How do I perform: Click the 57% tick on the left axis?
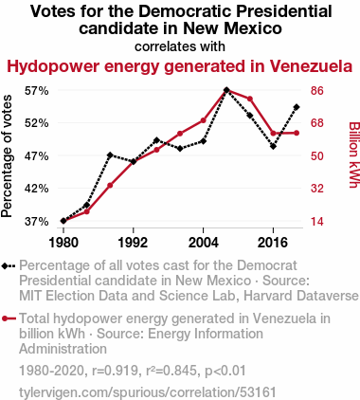[x=37, y=91]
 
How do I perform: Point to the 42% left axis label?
[x=37, y=189]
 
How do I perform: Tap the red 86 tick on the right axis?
[x=317, y=91]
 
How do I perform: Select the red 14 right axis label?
[x=317, y=222]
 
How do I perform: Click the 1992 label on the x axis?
[x=134, y=243]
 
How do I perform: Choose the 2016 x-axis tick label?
[x=273, y=243]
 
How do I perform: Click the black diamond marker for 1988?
[x=110, y=155]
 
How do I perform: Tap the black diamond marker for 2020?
[x=297, y=107]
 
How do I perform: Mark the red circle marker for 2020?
[x=297, y=133]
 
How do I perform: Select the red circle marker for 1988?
[x=110, y=186]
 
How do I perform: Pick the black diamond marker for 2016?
[x=273, y=146]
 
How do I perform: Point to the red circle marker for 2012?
[x=250, y=99]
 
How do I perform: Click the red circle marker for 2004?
[x=203, y=120]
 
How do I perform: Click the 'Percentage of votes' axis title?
[x=7, y=156]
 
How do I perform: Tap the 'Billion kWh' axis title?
[x=354, y=155]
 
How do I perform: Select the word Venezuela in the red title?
[x=311, y=66]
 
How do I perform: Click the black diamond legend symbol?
[x=9, y=265]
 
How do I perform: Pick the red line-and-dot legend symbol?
[x=9, y=318]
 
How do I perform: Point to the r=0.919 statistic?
[x=114, y=371]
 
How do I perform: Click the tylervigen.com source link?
[x=148, y=392]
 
